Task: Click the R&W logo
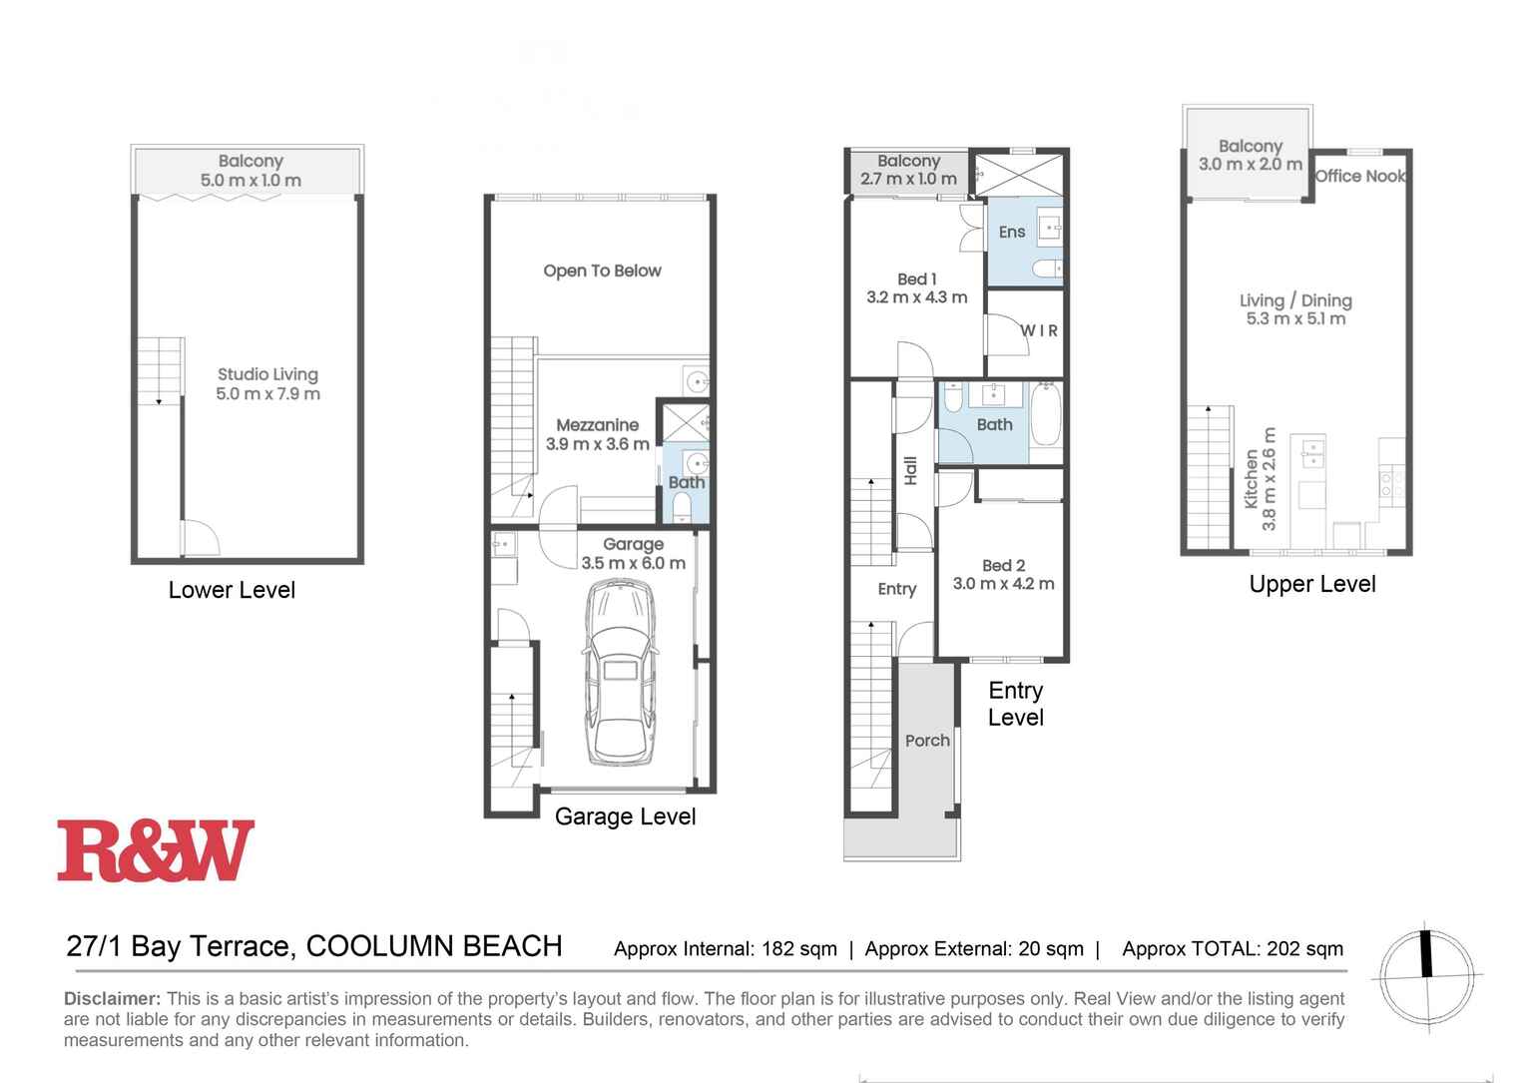point(156,850)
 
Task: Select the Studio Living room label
point(267,374)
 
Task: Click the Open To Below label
point(602,271)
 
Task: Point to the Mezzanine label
point(597,425)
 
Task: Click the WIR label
point(1038,330)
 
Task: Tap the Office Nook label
point(1359,177)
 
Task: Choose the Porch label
point(927,741)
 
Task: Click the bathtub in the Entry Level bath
point(1046,414)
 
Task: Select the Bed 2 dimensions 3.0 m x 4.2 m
point(1003,584)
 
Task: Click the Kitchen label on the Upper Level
point(1252,479)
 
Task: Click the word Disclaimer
point(112,998)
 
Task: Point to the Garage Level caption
point(625,816)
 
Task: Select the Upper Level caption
point(1311,584)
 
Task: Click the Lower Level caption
point(232,590)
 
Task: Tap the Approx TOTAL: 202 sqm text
point(1233,948)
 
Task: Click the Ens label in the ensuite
point(1011,232)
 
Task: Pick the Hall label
point(910,470)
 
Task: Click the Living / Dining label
point(1295,300)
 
